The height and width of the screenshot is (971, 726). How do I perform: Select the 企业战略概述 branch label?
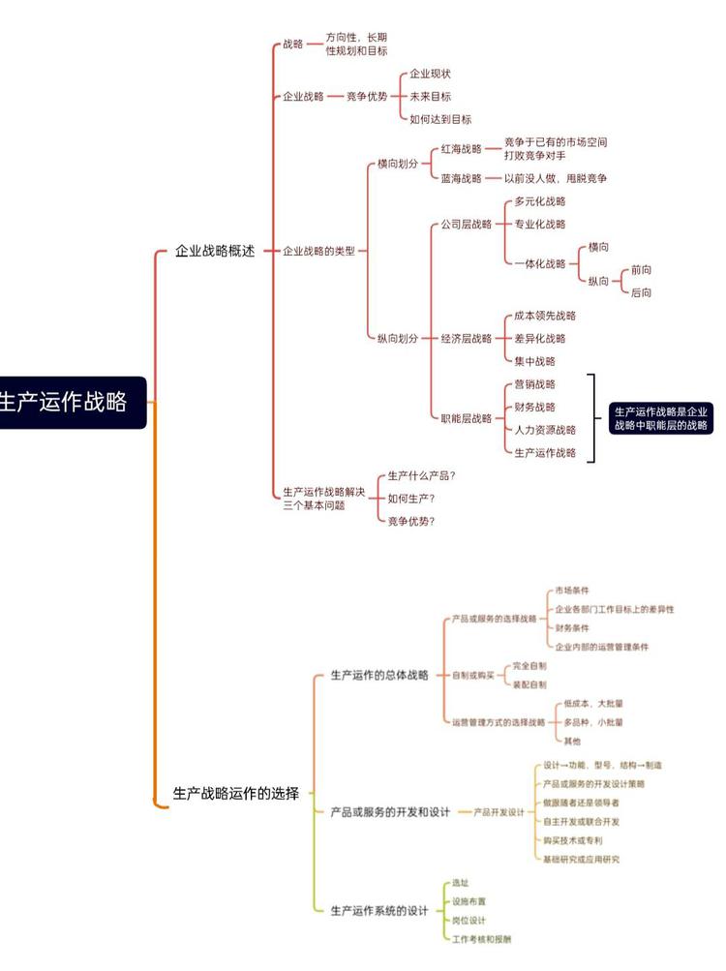(214, 251)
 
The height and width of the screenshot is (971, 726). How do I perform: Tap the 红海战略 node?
(461, 149)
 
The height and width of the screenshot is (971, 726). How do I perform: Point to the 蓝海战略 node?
(461, 178)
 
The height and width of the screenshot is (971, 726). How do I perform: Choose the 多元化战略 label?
(540, 201)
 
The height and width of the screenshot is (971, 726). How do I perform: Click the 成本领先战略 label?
(545, 316)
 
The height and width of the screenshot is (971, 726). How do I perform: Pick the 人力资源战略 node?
(545, 430)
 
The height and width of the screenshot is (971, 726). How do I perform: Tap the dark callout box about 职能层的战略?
(661, 417)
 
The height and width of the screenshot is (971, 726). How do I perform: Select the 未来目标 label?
(430, 96)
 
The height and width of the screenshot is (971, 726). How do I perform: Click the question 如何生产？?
(411, 499)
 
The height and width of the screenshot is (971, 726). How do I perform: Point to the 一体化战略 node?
(540, 263)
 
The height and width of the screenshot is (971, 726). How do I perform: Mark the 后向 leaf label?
(641, 292)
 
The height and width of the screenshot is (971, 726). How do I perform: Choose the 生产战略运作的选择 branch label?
(235, 793)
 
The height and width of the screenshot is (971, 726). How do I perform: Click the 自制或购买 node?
(472, 675)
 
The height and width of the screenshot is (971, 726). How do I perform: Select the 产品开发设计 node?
(499, 812)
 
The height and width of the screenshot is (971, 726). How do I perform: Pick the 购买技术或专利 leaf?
(573, 841)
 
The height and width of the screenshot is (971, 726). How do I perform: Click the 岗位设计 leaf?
(469, 920)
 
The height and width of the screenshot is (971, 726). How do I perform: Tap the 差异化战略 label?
(540, 338)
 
